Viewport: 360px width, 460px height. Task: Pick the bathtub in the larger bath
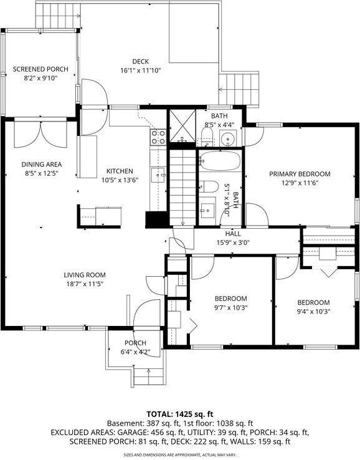pyautogui.click(x=220, y=161)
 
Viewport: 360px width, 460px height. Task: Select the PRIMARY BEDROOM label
pyautogui.click(x=300, y=174)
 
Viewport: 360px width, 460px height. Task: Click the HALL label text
pyautogui.click(x=233, y=234)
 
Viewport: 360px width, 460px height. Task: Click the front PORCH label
pyautogui.click(x=135, y=343)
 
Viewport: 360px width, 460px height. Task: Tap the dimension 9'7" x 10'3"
pyautogui.click(x=231, y=307)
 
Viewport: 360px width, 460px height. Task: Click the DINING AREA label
pyautogui.click(x=42, y=165)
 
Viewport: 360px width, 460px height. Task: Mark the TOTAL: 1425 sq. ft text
pyautogui.click(x=180, y=414)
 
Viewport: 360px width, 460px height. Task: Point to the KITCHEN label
pyautogui.click(x=119, y=171)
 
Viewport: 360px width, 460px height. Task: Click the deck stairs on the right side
pyautogui.click(x=240, y=90)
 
